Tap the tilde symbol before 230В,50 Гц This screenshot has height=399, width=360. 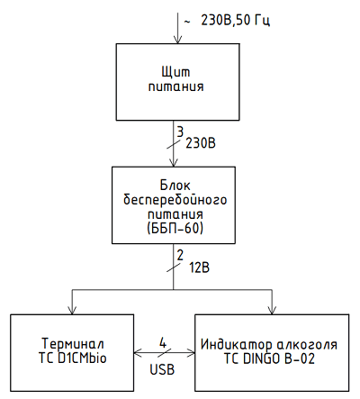[x=186, y=19]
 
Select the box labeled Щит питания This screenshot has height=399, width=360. [x=176, y=80]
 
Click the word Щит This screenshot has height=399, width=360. [x=176, y=71]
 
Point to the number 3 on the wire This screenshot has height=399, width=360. [x=180, y=131]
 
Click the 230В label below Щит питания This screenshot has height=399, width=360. [x=201, y=142]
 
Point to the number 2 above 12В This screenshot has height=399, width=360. [x=180, y=255]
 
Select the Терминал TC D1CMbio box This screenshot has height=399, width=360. [x=71, y=350]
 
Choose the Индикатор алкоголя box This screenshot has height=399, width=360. [x=271, y=350]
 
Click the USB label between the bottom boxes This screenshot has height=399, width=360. [x=162, y=367]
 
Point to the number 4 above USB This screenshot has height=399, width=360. [x=162, y=343]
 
